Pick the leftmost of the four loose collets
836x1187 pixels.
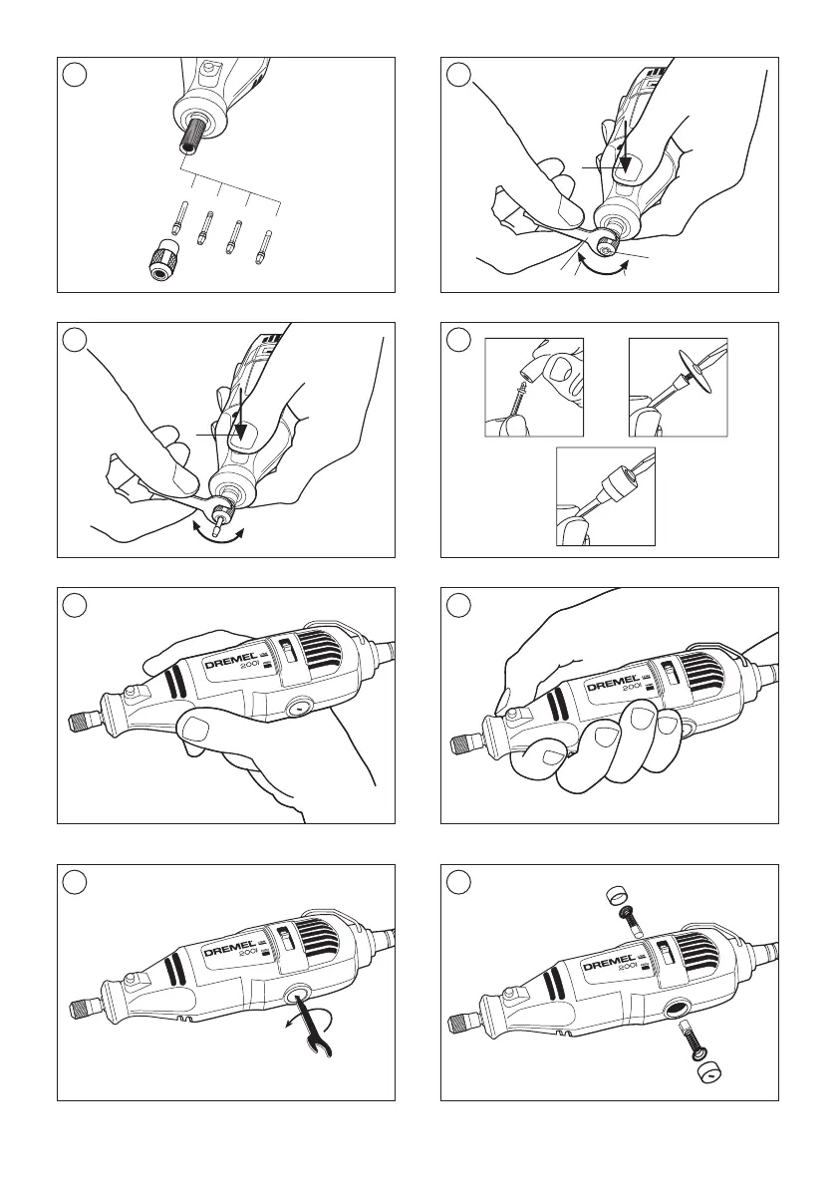(x=177, y=215)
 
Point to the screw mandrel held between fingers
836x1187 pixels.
(x=521, y=400)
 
